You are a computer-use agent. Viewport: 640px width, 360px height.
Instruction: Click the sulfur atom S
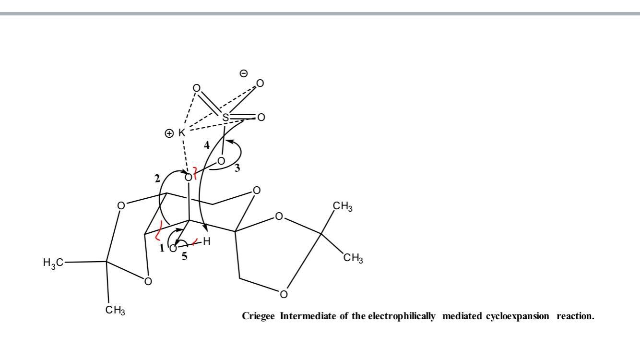225,117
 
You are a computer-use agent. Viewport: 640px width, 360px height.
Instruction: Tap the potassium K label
182,132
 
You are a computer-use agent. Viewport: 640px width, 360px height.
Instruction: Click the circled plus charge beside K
169,133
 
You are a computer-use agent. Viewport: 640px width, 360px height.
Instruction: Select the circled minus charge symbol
243,73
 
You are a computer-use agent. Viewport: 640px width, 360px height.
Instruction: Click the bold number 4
207,145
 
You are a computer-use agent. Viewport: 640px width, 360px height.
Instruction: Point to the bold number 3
237,168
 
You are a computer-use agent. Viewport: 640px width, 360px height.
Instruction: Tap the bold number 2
157,179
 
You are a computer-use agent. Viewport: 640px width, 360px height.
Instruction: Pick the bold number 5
185,256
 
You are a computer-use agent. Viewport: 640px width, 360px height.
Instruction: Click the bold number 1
162,248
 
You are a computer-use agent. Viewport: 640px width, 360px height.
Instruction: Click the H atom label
207,241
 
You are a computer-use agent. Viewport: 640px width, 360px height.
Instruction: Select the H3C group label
53,263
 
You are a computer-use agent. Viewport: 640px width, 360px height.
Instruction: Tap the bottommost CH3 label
115,310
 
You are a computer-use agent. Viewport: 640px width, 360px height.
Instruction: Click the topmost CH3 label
343,206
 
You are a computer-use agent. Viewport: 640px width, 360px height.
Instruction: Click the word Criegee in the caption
258,316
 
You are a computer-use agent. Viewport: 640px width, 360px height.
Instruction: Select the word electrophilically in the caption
402,316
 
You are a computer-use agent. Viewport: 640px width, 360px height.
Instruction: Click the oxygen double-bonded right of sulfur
261,117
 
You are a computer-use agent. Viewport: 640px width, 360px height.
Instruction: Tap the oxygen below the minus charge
260,84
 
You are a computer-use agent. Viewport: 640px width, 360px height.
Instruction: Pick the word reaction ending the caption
575,316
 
